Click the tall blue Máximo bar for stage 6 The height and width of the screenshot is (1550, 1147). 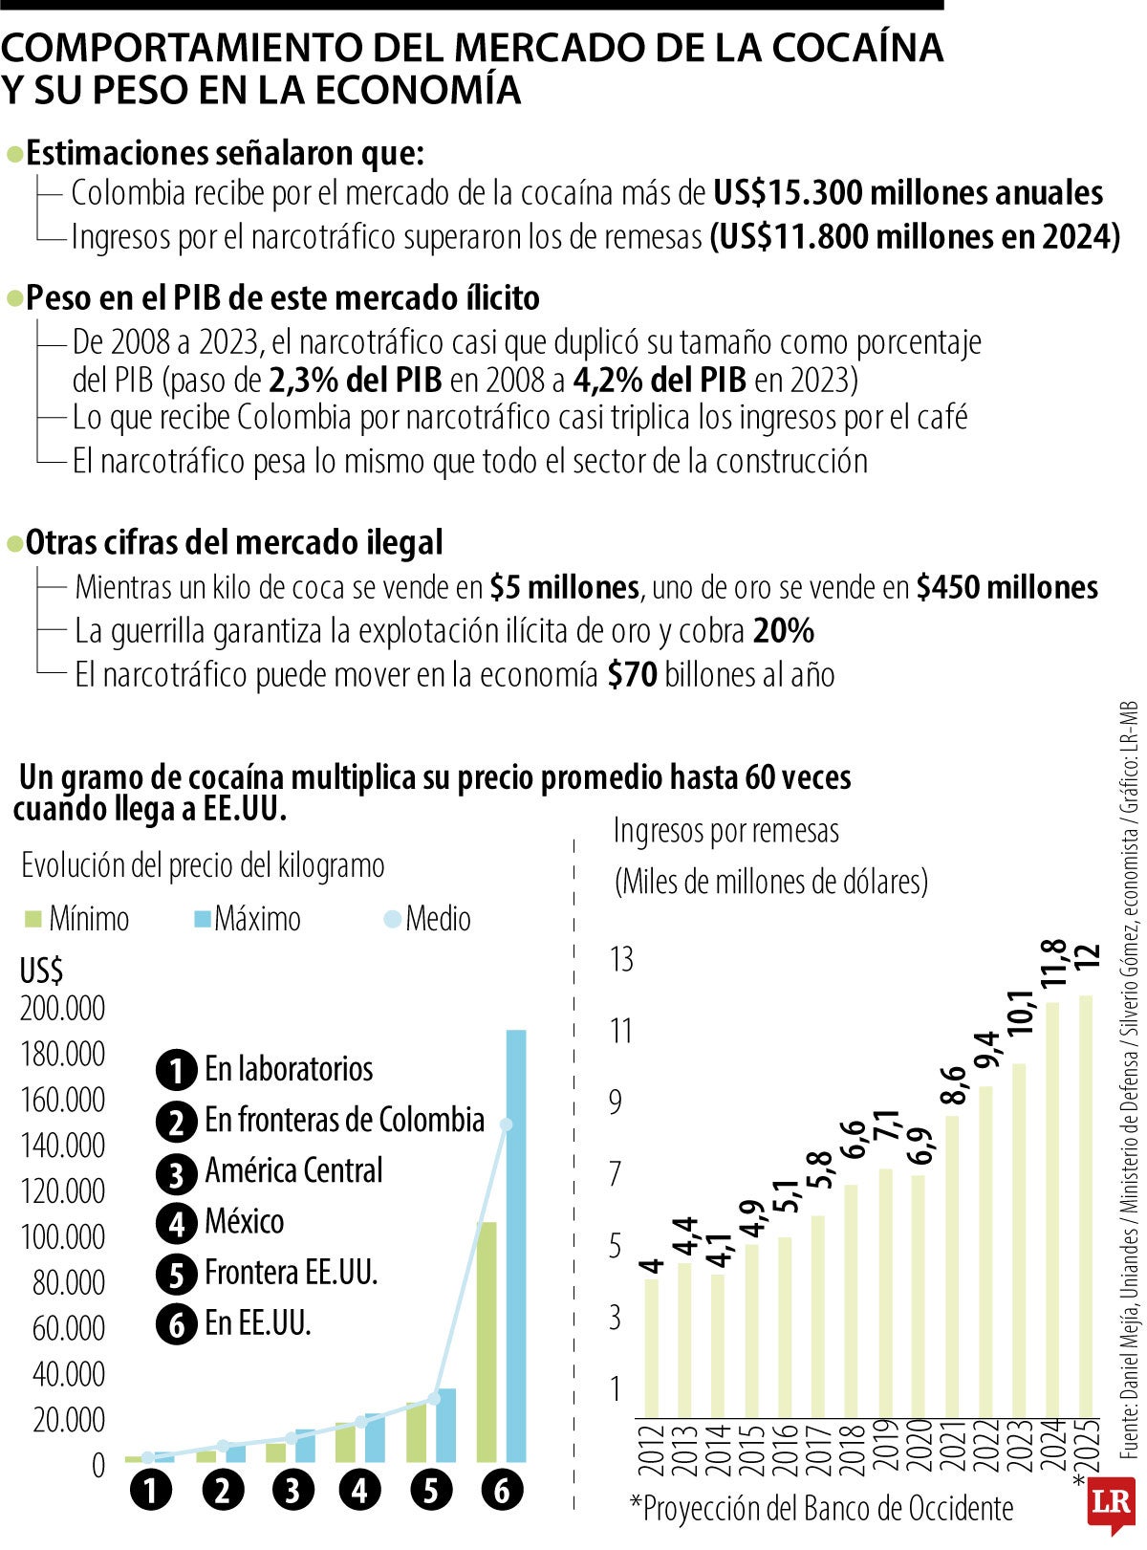click(515, 1243)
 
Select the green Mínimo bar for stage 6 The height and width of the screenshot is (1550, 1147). click(487, 1339)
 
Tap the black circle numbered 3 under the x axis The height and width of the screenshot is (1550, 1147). click(292, 1490)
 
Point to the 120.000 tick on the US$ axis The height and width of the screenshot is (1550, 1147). click(62, 1191)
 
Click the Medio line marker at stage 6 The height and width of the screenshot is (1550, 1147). click(506, 1124)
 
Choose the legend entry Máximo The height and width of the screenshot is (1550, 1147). click(248, 919)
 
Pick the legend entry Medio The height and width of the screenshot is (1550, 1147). click(427, 919)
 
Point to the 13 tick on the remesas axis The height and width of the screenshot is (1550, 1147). click(621, 959)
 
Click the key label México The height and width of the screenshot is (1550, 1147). click(244, 1221)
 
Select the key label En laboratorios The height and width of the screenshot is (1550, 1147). click(288, 1069)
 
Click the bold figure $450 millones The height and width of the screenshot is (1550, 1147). click(1006, 586)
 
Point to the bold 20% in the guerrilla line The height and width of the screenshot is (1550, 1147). click(783, 631)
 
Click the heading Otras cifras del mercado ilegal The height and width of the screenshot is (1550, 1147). click(234, 542)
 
